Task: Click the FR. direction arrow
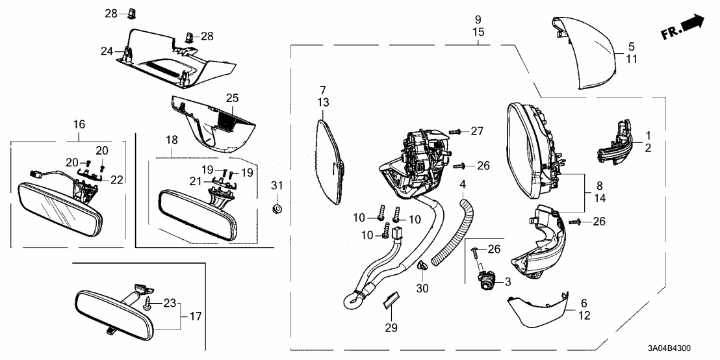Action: tap(684, 27)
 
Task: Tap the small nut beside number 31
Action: tap(277, 209)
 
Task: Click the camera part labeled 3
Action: tap(487, 281)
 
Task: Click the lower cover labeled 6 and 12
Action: tap(536, 314)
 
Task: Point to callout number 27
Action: tap(478, 131)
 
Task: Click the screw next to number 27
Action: tap(456, 132)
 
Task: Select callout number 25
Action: tap(232, 98)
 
